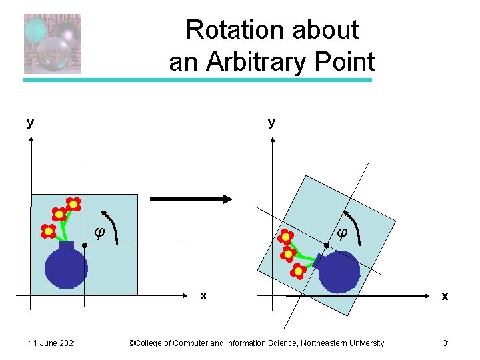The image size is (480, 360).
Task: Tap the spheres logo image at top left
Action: tap(53, 44)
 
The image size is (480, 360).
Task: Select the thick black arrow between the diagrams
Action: tap(190, 199)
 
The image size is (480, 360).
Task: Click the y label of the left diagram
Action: tap(30, 123)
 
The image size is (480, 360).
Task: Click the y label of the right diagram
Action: tap(271, 123)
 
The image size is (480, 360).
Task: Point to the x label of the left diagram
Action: tap(204, 295)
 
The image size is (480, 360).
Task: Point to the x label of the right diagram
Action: tap(445, 296)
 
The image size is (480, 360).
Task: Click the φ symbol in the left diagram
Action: tap(99, 233)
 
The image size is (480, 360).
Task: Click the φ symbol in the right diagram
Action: tap(341, 233)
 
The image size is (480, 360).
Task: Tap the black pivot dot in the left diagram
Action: tap(85, 246)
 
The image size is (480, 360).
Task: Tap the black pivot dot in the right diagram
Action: tap(327, 246)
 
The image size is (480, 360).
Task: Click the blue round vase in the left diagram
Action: tap(66, 267)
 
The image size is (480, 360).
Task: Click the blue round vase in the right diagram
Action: tap(339, 271)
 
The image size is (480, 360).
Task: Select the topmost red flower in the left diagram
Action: tap(73, 204)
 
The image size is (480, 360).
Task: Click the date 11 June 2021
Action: tap(53, 343)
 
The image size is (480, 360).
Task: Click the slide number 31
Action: tap(447, 343)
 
